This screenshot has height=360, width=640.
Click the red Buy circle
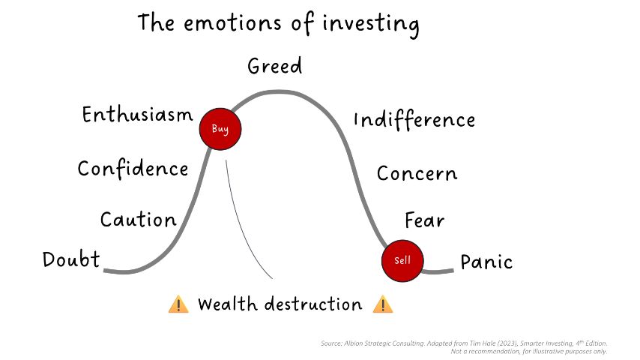tap(220, 129)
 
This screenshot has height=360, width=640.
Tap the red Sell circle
tap(402, 261)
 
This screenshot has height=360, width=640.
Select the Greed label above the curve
tap(275, 66)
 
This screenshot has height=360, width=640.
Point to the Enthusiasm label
tap(138, 115)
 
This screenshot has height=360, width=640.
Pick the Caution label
tap(139, 220)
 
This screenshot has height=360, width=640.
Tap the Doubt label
tap(71, 259)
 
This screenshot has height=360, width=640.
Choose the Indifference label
tap(414, 120)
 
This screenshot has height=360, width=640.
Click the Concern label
tap(417, 174)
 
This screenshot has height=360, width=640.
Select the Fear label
tap(424, 220)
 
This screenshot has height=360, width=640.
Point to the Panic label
tap(486, 262)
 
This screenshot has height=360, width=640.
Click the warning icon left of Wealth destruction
tap(178, 304)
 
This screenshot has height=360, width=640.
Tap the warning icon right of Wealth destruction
tap(383, 304)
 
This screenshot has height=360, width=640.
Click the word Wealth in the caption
tap(228, 304)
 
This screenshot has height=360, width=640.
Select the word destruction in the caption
tap(313, 304)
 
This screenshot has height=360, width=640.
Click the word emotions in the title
tap(232, 23)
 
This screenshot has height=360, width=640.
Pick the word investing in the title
tap(371, 25)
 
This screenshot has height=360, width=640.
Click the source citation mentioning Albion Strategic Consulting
tap(464, 343)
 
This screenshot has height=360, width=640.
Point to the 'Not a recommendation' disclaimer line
tap(528, 352)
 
